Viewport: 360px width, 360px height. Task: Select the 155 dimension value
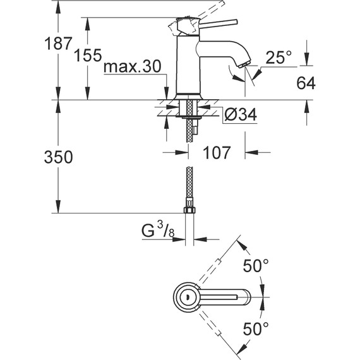(88, 56)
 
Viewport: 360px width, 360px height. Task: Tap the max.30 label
(132, 67)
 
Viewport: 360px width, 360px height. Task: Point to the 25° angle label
(279, 58)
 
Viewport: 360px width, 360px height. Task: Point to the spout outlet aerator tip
(244, 63)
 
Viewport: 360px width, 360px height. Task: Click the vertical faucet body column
(188, 69)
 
